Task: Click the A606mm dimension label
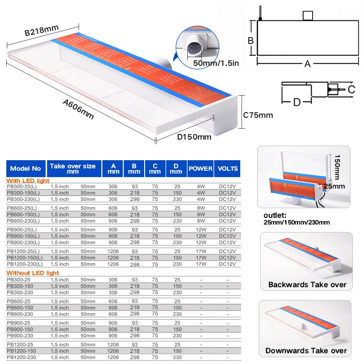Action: tap(78, 109)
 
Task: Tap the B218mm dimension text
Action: tap(42, 31)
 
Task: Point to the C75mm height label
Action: tap(258, 115)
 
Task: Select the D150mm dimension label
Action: tap(194, 136)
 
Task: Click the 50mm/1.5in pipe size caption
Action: tap(216, 63)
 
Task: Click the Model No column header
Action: tap(26, 168)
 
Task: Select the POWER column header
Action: tap(200, 168)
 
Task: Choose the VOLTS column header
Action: tap(228, 168)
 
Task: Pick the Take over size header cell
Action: tap(73, 168)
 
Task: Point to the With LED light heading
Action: tap(28, 180)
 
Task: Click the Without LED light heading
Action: tap(33, 273)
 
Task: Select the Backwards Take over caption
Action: tap(307, 284)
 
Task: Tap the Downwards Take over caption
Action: tap(306, 350)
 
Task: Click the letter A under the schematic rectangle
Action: tap(307, 64)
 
